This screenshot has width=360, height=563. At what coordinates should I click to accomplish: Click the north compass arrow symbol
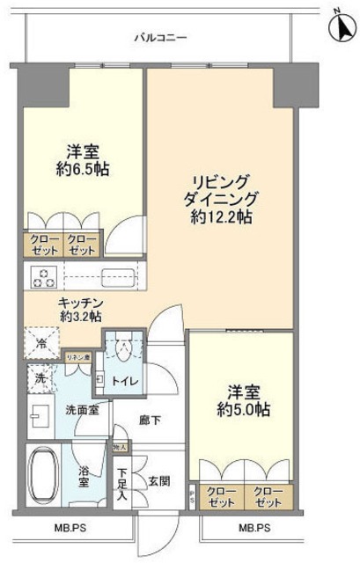339,26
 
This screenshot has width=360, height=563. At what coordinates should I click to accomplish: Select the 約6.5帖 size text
86,169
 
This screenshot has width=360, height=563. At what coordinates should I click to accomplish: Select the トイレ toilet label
121,380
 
